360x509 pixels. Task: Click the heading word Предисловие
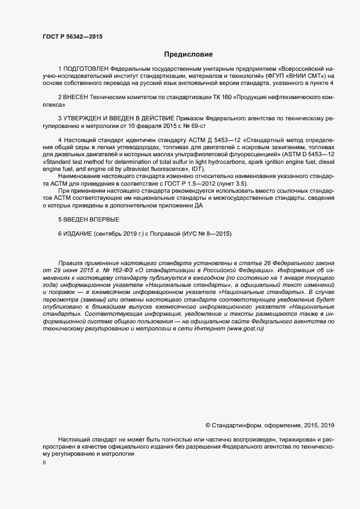tap(188, 54)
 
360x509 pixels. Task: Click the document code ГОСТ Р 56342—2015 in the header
tap(72, 37)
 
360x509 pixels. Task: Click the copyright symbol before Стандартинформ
tap(208, 425)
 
